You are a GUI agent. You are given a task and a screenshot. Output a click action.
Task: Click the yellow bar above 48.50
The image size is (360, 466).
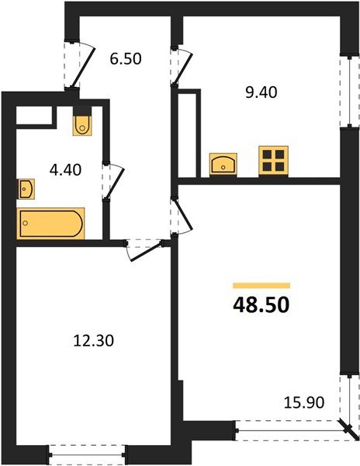point(261,286)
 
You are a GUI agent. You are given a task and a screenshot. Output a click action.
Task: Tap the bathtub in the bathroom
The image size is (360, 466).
point(51,224)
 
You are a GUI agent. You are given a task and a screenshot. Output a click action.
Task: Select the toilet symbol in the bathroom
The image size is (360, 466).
point(82,124)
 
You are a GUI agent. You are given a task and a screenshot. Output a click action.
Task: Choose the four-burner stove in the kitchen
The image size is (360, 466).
point(272,161)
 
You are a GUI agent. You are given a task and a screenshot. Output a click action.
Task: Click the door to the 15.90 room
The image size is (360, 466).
point(183,217)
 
